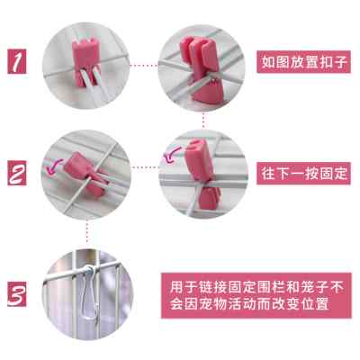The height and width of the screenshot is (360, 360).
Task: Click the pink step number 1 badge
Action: coord(17,60)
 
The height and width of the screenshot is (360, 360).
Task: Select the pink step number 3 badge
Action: coord(17,294)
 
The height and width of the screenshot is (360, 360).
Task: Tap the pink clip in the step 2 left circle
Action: coord(77,169)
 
